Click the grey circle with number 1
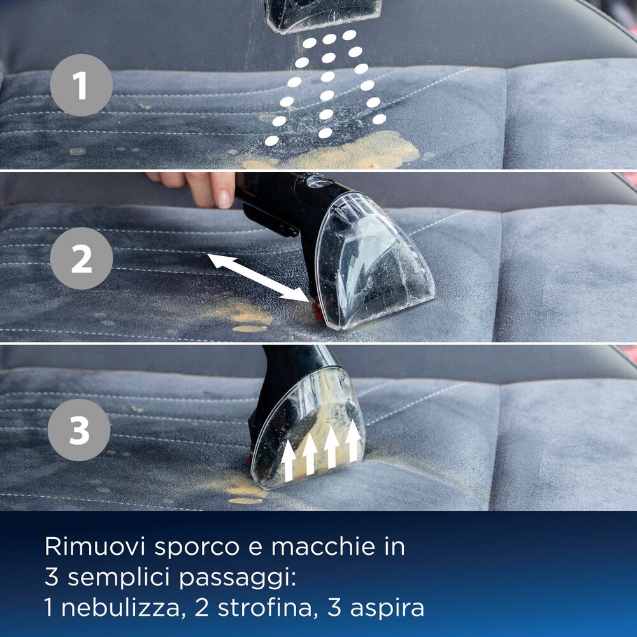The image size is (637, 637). tap(81, 85)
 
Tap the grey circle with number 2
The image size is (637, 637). tap(81, 259)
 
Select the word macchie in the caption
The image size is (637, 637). tap(340, 547)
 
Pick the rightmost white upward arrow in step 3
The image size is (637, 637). tap(352, 440)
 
